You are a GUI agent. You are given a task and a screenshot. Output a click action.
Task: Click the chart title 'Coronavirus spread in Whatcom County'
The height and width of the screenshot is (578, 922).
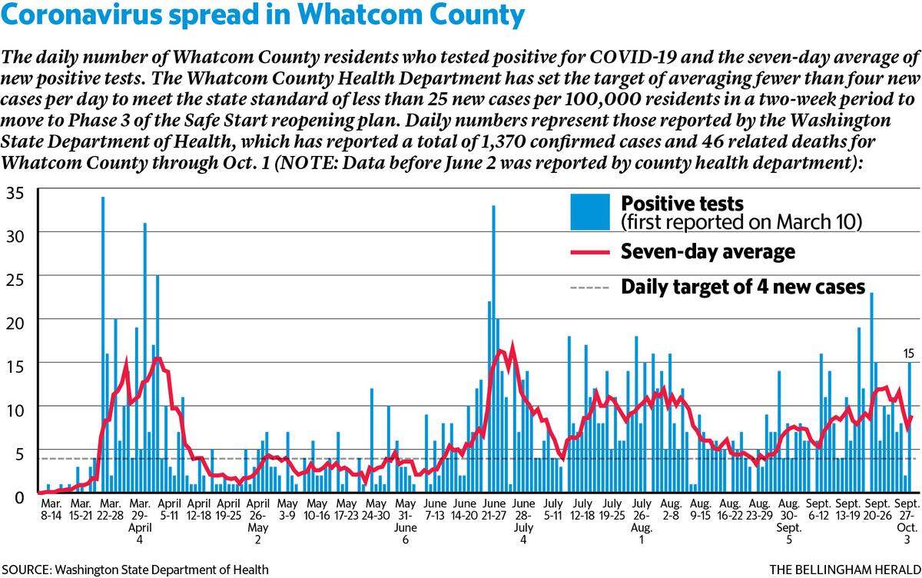[x=263, y=15]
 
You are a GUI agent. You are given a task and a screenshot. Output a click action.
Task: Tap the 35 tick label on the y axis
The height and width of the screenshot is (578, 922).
[x=15, y=194]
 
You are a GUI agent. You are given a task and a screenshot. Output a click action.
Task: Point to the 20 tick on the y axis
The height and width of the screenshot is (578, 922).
[x=15, y=324]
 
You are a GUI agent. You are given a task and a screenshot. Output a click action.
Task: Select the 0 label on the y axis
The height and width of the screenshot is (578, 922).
[x=19, y=497]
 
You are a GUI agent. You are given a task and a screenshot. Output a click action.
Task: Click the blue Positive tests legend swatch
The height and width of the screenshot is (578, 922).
[x=590, y=212]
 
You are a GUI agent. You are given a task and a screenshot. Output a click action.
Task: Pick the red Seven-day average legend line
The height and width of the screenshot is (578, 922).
[x=590, y=252]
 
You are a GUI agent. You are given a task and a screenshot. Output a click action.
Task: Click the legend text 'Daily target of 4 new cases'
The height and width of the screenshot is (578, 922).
[x=743, y=287]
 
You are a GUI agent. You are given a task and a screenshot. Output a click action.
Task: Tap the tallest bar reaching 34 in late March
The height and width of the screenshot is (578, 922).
[x=103, y=344]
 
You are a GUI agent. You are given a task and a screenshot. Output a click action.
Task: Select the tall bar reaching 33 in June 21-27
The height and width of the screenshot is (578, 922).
[x=493, y=349]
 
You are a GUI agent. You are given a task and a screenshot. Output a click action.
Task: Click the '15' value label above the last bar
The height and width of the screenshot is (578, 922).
[x=908, y=354]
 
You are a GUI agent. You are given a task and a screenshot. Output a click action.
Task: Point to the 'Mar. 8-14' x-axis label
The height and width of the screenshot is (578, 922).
[x=51, y=510]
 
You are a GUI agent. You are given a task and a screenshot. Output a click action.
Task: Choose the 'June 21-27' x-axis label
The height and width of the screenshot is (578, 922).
[x=494, y=510]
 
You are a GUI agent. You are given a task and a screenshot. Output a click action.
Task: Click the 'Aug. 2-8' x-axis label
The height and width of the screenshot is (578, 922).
[x=671, y=510]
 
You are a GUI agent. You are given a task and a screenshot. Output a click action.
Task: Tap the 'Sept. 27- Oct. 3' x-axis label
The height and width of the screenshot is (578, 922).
[x=907, y=521]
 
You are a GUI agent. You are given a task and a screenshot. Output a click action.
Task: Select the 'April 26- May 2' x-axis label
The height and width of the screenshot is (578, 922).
[x=257, y=521]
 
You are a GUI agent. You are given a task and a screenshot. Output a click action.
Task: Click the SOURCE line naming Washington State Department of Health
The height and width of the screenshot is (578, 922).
[x=135, y=570]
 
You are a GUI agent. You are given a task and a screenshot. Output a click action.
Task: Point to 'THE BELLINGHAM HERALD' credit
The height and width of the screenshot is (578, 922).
[x=845, y=570]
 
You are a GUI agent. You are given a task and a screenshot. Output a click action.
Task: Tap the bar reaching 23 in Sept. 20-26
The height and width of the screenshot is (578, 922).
[x=871, y=392]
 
